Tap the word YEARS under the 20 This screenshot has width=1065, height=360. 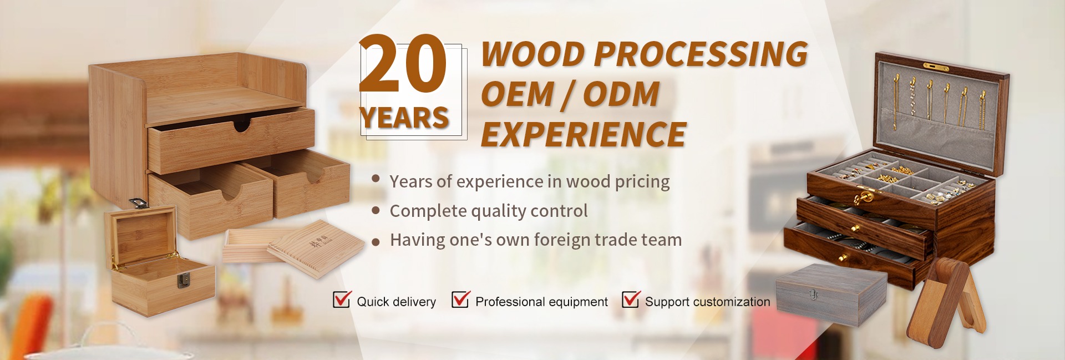(x=404, y=118)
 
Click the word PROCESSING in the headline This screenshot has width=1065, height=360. (x=701, y=54)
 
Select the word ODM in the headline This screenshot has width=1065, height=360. (x=621, y=94)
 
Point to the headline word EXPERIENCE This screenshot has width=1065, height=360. (x=584, y=134)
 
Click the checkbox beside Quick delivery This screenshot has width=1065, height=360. (x=342, y=299)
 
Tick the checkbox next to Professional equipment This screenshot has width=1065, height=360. (x=460, y=299)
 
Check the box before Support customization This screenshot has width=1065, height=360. (x=631, y=299)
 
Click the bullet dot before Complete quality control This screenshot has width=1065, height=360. (x=376, y=210)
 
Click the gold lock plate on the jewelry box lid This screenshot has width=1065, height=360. (x=936, y=68)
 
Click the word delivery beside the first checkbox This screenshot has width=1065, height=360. (x=414, y=302)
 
